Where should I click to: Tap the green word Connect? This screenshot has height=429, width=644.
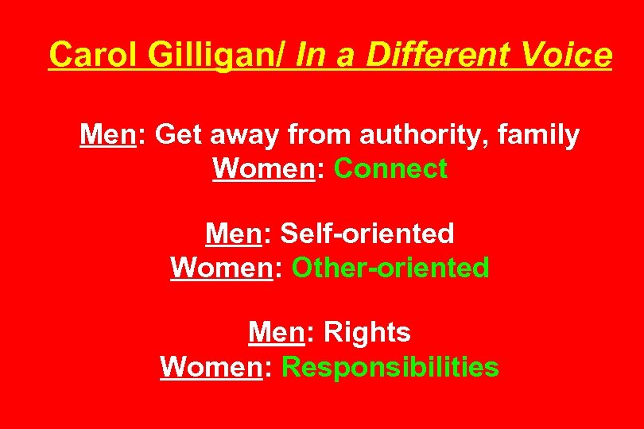point(391,168)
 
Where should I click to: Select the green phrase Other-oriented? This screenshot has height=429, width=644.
point(390,268)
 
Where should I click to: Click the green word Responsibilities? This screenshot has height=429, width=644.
point(390,367)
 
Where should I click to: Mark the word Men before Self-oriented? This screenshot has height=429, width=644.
point(233,234)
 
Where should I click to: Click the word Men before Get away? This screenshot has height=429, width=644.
point(107,136)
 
